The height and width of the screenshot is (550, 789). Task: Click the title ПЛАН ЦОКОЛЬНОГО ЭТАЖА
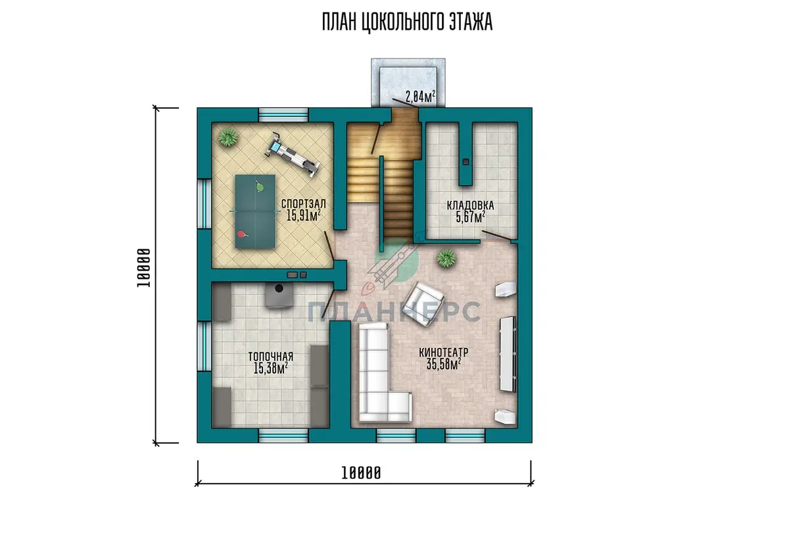pyautogui.click(x=407, y=22)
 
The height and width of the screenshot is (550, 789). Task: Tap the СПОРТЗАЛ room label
pyautogui.click(x=303, y=204)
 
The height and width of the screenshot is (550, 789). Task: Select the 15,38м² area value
pyautogui.click(x=270, y=368)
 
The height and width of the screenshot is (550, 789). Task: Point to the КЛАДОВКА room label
pyautogui.click(x=470, y=205)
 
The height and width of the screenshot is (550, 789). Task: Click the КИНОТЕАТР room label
pyautogui.click(x=443, y=353)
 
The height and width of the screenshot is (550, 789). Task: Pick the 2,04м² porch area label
pyautogui.click(x=420, y=96)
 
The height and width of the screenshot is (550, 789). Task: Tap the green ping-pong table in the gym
pyautogui.click(x=255, y=211)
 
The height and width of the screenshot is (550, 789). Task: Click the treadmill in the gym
pyautogui.click(x=293, y=155)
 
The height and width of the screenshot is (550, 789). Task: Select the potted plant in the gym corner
pyautogui.click(x=227, y=137)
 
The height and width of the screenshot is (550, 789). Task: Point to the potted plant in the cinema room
pyautogui.click(x=446, y=258)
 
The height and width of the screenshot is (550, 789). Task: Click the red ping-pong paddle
pyautogui.click(x=242, y=234)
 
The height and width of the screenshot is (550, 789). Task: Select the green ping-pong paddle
pyautogui.click(x=260, y=187)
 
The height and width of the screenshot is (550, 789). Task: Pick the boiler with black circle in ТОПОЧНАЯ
pyautogui.click(x=279, y=295)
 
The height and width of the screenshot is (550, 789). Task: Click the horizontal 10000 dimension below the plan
pyautogui.click(x=364, y=483)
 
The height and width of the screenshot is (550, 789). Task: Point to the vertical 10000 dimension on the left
pyautogui.click(x=156, y=275)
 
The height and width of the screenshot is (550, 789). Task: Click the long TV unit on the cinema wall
pyautogui.click(x=508, y=354)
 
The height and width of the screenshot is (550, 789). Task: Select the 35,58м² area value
pyautogui.click(x=444, y=364)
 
